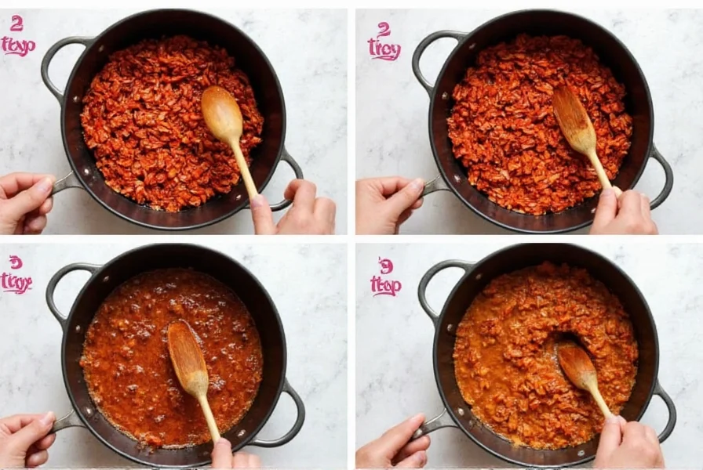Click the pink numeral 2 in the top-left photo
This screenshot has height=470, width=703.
tap(16, 23)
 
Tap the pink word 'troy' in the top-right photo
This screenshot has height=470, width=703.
tap(384, 51)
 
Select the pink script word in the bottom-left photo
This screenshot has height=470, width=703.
tap(16, 282)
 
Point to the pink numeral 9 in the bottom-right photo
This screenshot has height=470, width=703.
tap(386, 266)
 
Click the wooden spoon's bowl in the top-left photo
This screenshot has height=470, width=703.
tap(222, 114)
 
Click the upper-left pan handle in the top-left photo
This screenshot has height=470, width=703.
tap(55, 63)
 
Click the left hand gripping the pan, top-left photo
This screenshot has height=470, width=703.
tap(24, 202)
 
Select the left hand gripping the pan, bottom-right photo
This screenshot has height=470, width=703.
tap(388, 443)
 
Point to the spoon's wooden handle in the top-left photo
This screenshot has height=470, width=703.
tap(243, 168)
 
